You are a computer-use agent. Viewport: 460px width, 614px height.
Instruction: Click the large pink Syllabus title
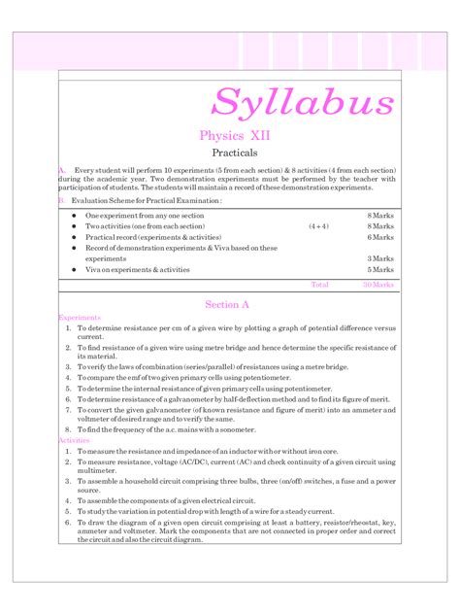point(303,102)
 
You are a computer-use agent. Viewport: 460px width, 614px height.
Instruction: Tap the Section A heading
point(229,304)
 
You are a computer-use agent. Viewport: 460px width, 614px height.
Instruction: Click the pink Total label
point(319,285)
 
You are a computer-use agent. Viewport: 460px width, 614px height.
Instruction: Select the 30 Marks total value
point(378,285)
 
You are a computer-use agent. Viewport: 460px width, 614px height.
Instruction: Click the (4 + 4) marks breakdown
point(318,225)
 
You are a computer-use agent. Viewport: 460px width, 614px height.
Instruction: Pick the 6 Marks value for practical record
point(380,237)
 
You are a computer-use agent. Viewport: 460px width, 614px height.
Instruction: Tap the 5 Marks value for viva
point(380,270)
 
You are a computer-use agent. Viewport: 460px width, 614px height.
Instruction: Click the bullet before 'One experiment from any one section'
point(74,215)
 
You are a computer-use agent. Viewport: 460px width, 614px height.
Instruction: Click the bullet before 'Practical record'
point(74,237)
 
